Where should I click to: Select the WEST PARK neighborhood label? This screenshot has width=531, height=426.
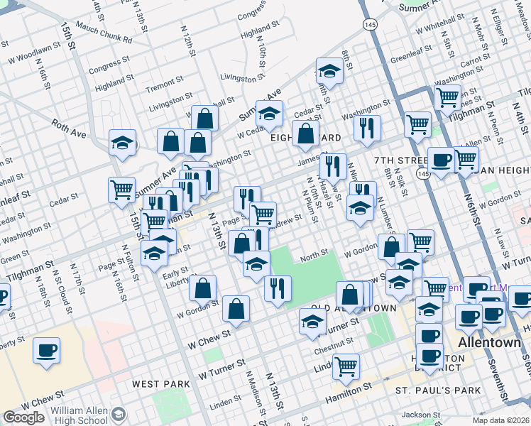pos(161,384)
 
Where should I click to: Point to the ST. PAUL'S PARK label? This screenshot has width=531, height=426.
pos(438,390)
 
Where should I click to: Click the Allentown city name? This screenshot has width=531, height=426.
pos(491,342)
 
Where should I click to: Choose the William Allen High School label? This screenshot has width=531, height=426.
pos(70,415)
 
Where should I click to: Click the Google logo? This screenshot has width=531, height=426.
pos(23,417)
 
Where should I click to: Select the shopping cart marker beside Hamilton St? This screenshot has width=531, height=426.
pos(346,366)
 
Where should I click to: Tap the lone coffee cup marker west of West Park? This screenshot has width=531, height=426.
pos(47,350)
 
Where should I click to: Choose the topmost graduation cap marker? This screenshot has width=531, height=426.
pos(329,70)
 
